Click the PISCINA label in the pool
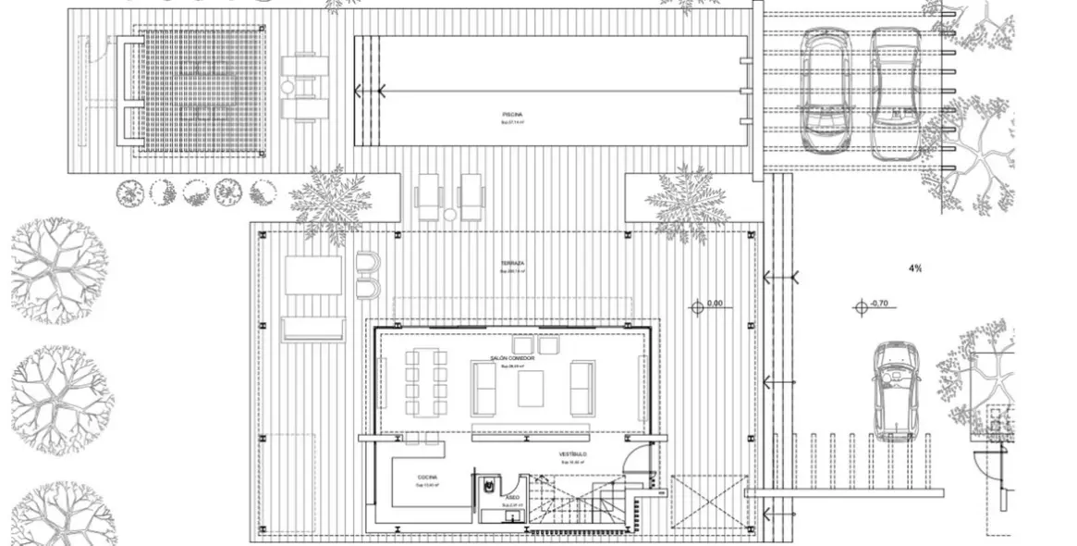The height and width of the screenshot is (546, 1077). (x=512, y=114)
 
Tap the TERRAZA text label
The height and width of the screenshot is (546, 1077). (x=513, y=264)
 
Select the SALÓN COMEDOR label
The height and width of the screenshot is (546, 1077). (x=512, y=358)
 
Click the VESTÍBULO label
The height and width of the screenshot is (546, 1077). (x=573, y=455)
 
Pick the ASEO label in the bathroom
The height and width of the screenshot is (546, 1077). (x=512, y=497)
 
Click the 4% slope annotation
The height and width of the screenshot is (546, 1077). (x=914, y=268)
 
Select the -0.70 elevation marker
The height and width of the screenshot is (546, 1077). (x=878, y=303)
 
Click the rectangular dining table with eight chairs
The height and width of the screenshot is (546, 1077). (x=426, y=379)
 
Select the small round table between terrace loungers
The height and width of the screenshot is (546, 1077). (x=449, y=215)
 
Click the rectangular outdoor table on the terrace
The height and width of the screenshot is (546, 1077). (x=313, y=275)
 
